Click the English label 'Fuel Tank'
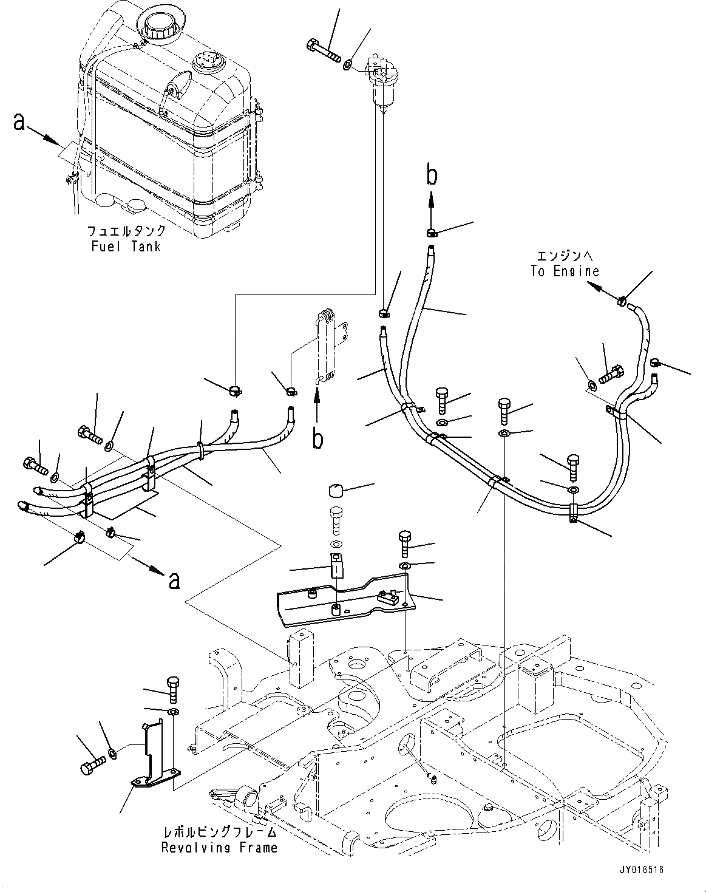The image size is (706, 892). click(126, 247)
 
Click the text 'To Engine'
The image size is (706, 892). click(565, 271)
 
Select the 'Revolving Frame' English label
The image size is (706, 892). click(219, 848)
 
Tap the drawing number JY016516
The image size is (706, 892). click(642, 870)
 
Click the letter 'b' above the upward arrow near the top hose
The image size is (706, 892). click(432, 175)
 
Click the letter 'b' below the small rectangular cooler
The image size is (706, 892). click(317, 438)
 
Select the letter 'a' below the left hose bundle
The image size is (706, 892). click(174, 580)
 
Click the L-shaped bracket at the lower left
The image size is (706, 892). click(153, 753)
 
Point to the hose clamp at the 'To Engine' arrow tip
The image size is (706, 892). click(622, 300)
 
